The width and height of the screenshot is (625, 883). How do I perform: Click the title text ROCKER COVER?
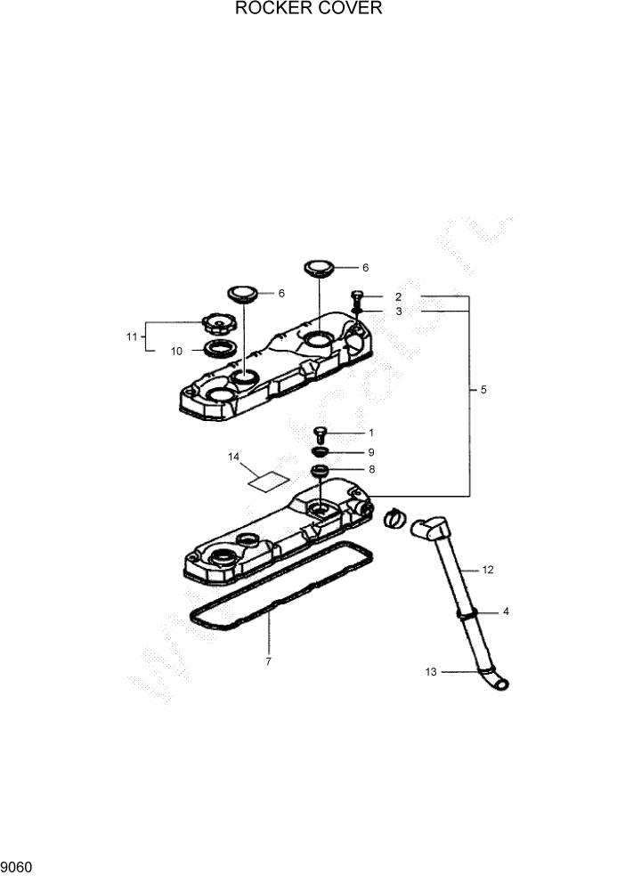click(308, 10)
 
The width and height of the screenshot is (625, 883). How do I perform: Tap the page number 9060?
click(17, 865)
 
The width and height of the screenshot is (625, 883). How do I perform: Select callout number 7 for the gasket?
click(268, 661)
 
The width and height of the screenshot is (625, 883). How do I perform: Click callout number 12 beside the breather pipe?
click(487, 568)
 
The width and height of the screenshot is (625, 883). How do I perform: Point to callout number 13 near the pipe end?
click(431, 672)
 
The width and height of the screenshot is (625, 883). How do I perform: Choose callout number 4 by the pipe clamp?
click(506, 612)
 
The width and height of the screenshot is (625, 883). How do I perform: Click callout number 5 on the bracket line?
click(483, 390)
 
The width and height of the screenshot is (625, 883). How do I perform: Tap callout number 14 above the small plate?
click(233, 458)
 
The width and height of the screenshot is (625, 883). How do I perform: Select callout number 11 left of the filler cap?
click(132, 336)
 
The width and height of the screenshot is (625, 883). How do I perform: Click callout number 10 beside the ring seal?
click(176, 351)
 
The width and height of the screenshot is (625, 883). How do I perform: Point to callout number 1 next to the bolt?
click(370, 433)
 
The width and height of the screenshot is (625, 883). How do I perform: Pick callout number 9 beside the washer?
click(370, 452)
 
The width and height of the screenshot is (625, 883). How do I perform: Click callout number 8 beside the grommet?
click(370, 469)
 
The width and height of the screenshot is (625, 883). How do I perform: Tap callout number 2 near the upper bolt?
click(398, 296)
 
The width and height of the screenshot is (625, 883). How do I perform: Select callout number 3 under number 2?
click(398, 312)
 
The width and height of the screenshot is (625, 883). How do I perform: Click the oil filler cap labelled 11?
click(215, 320)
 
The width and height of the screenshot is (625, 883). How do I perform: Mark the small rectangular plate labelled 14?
click(268, 481)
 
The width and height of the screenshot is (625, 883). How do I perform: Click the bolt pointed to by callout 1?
click(321, 434)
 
